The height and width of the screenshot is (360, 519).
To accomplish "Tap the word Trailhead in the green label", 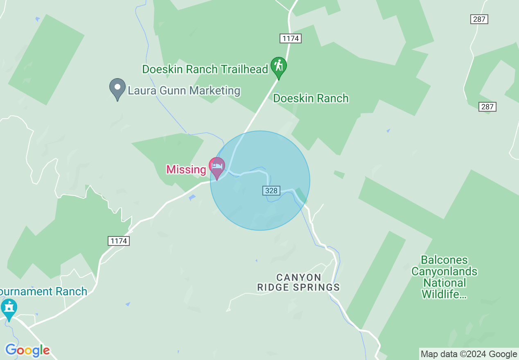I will pyautogui.click(x=244, y=69).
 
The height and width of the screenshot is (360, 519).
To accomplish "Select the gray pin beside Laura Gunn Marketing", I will pyautogui.click(x=117, y=88).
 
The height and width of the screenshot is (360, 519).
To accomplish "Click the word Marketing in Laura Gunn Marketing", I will pyautogui.click(x=215, y=90).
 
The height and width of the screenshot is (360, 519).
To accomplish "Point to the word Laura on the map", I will pyautogui.click(x=141, y=90).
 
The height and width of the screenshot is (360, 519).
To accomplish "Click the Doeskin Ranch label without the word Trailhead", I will pyautogui.click(x=311, y=98).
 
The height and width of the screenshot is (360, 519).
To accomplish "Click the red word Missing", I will pyautogui.click(x=186, y=169).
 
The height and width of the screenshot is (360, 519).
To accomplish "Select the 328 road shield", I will pyautogui.click(x=271, y=191).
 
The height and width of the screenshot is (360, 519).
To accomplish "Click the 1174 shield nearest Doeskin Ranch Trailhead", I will pyautogui.click(x=291, y=38).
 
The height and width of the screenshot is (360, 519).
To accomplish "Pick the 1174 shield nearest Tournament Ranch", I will pyautogui.click(x=119, y=241).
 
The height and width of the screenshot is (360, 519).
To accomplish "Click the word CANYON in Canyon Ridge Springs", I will pyautogui.click(x=298, y=278).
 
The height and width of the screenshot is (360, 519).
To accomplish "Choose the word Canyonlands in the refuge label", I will pyautogui.click(x=444, y=271).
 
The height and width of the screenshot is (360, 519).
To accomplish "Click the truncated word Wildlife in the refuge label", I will pyautogui.click(x=444, y=294).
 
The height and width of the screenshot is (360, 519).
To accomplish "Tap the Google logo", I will pyautogui.click(x=27, y=351).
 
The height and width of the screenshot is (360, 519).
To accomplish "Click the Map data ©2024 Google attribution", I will pyautogui.click(x=469, y=354).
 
